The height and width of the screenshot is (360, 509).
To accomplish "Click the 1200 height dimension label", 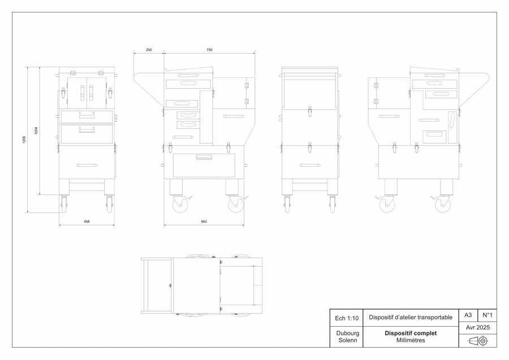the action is pyautogui.click(x=24, y=140).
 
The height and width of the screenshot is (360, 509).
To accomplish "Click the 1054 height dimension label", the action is pyautogui.click(x=36, y=131).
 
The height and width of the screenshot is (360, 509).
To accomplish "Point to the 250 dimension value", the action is pyautogui.click(x=149, y=50).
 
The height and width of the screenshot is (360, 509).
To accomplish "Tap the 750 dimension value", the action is pyautogui.click(x=209, y=50).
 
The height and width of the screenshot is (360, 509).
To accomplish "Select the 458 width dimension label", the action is pyautogui.click(x=87, y=222).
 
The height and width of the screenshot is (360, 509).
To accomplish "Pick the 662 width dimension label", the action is pyautogui.click(x=204, y=222).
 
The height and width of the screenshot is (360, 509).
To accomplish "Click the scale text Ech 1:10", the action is pyautogui.click(x=347, y=318).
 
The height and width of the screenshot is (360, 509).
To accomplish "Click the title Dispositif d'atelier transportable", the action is pyautogui.click(x=411, y=317).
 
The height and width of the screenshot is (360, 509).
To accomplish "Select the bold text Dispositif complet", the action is pyautogui.click(x=411, y=333).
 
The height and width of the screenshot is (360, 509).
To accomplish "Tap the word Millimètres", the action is pyautogui.click(x=411, y=340).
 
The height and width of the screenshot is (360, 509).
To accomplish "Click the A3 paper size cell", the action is pyautogui.click(x=468, y=315).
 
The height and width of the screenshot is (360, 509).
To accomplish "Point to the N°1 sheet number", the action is pyautogui.click(x=488, y=315).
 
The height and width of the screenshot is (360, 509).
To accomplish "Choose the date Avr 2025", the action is pyautogui.click(x=477, y=328).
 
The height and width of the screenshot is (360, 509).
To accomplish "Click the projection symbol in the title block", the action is pyautogui.click(x=478, y=341).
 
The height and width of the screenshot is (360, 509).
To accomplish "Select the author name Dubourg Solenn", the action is pyautogui.click(x=348, y=337).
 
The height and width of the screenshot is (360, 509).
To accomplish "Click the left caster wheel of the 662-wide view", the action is pyautogui.click(x=178, y=205).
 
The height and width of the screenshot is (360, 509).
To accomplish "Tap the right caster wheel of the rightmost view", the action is pyautogui.click(x=442, y=205).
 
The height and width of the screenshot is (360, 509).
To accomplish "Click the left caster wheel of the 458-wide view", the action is pyautogui.click(x=63, y=205).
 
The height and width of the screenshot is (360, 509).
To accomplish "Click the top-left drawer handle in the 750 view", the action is pyautogui.click(x=188, y=76).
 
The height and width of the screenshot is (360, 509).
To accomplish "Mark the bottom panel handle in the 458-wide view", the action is pyautogui.click(x=87, y=166).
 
